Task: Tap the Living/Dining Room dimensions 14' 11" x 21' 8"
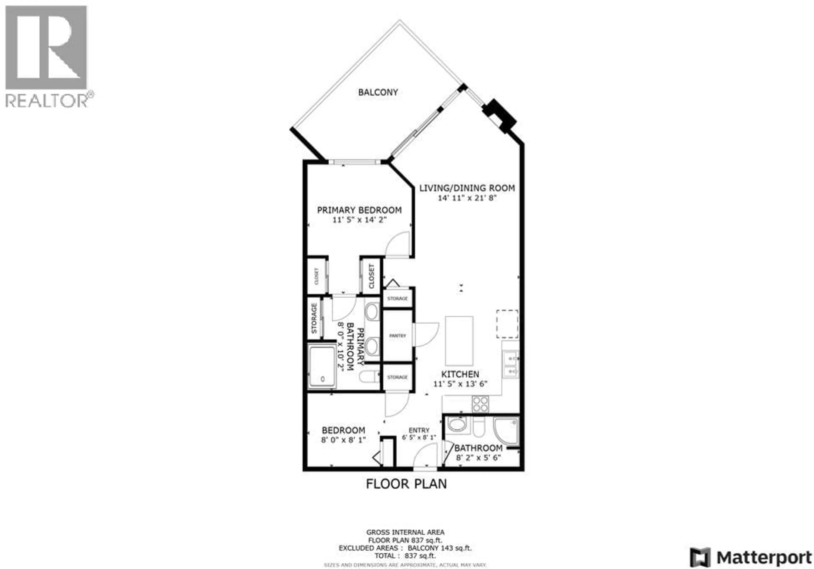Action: [467, 198]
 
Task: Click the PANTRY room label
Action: [397, 336]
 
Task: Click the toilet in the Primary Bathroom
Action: [369, 377]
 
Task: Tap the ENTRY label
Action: [419, 430]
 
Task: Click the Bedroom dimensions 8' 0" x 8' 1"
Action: [343, 440]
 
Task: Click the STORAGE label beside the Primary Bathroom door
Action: [314, 318]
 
